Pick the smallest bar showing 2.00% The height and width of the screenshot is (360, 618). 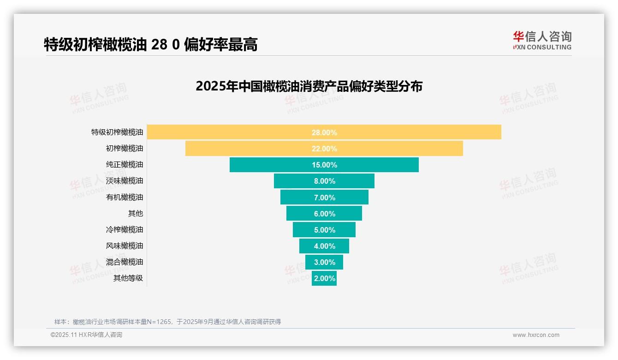pos(324,278)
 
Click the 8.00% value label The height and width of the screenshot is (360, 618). pos(324,181)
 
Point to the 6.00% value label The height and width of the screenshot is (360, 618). pos(324,214)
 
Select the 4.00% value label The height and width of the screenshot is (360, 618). pos(324,246)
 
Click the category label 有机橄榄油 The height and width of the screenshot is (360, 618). pos(125,197)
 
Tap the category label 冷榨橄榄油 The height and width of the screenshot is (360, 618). pos(125,229)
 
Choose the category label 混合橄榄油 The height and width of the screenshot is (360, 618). pos(125,262)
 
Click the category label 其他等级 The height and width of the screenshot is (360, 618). pos(128,278)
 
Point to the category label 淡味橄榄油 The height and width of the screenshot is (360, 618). pos(125,180)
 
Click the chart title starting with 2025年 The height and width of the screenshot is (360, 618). pos(309,86)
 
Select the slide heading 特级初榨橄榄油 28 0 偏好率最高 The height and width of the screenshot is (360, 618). pos(150,44)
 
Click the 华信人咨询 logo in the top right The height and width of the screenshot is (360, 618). pos(542,40)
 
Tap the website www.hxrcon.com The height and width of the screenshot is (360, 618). pos(536,335)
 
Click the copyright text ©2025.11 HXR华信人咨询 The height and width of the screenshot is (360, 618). pos(86,335)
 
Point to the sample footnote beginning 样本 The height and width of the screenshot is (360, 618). pos(167,322)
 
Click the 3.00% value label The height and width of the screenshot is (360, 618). pos(324,262)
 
